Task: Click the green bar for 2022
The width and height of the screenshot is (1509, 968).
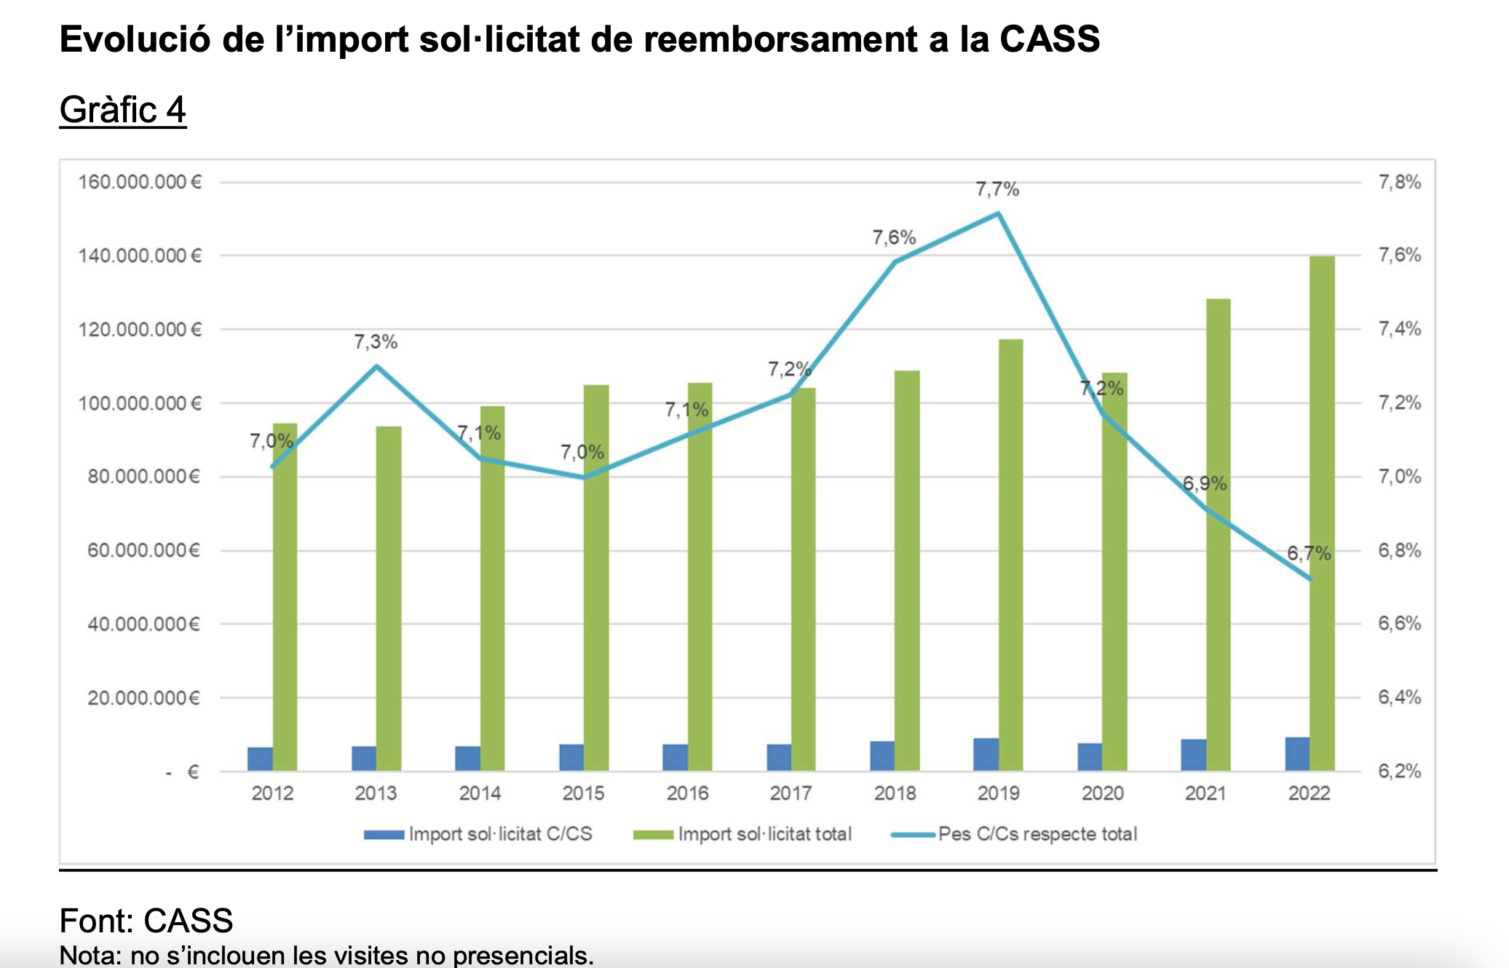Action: pyautogui.click(x=1322, y=513)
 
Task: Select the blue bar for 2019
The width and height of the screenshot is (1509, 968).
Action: pyautogui.click(x=986, y=755)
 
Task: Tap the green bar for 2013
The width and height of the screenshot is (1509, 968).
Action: pyautogui.click(x=389, y=598)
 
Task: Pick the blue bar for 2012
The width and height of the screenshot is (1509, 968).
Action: pyautogui.click(x=260, y=759)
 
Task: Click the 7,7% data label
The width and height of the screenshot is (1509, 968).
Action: pyautogui.click(x=997, y=190)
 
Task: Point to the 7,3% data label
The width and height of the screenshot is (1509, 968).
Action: pyautogui.click(x=376, y=342)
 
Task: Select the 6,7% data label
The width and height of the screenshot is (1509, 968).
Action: pyautogui.click(x=1308, y=554)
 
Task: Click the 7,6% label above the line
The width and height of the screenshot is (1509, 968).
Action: pyautogui.click(x=894, y=238)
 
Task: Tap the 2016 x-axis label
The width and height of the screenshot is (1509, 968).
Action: pyautogui.click(x=687, y=793)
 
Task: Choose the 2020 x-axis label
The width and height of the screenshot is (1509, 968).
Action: pyautogui.click(x=1102, y=793)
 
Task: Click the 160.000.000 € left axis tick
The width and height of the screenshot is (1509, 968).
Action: pyautogui.click(x=140, y=182)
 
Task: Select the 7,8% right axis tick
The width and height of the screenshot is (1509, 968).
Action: pyautogui.click(x=1399, y=182)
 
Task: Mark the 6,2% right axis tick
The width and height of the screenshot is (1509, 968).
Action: pyautogui.click(x=1399, y=771)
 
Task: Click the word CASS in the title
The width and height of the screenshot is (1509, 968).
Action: pyautogui.click(x=1049, y=39)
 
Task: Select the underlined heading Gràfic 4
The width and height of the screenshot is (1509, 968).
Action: pyautogui.click(x=122, y=110)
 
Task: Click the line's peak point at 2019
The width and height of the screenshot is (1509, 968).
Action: pyautogui.click(x=998, y=214)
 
